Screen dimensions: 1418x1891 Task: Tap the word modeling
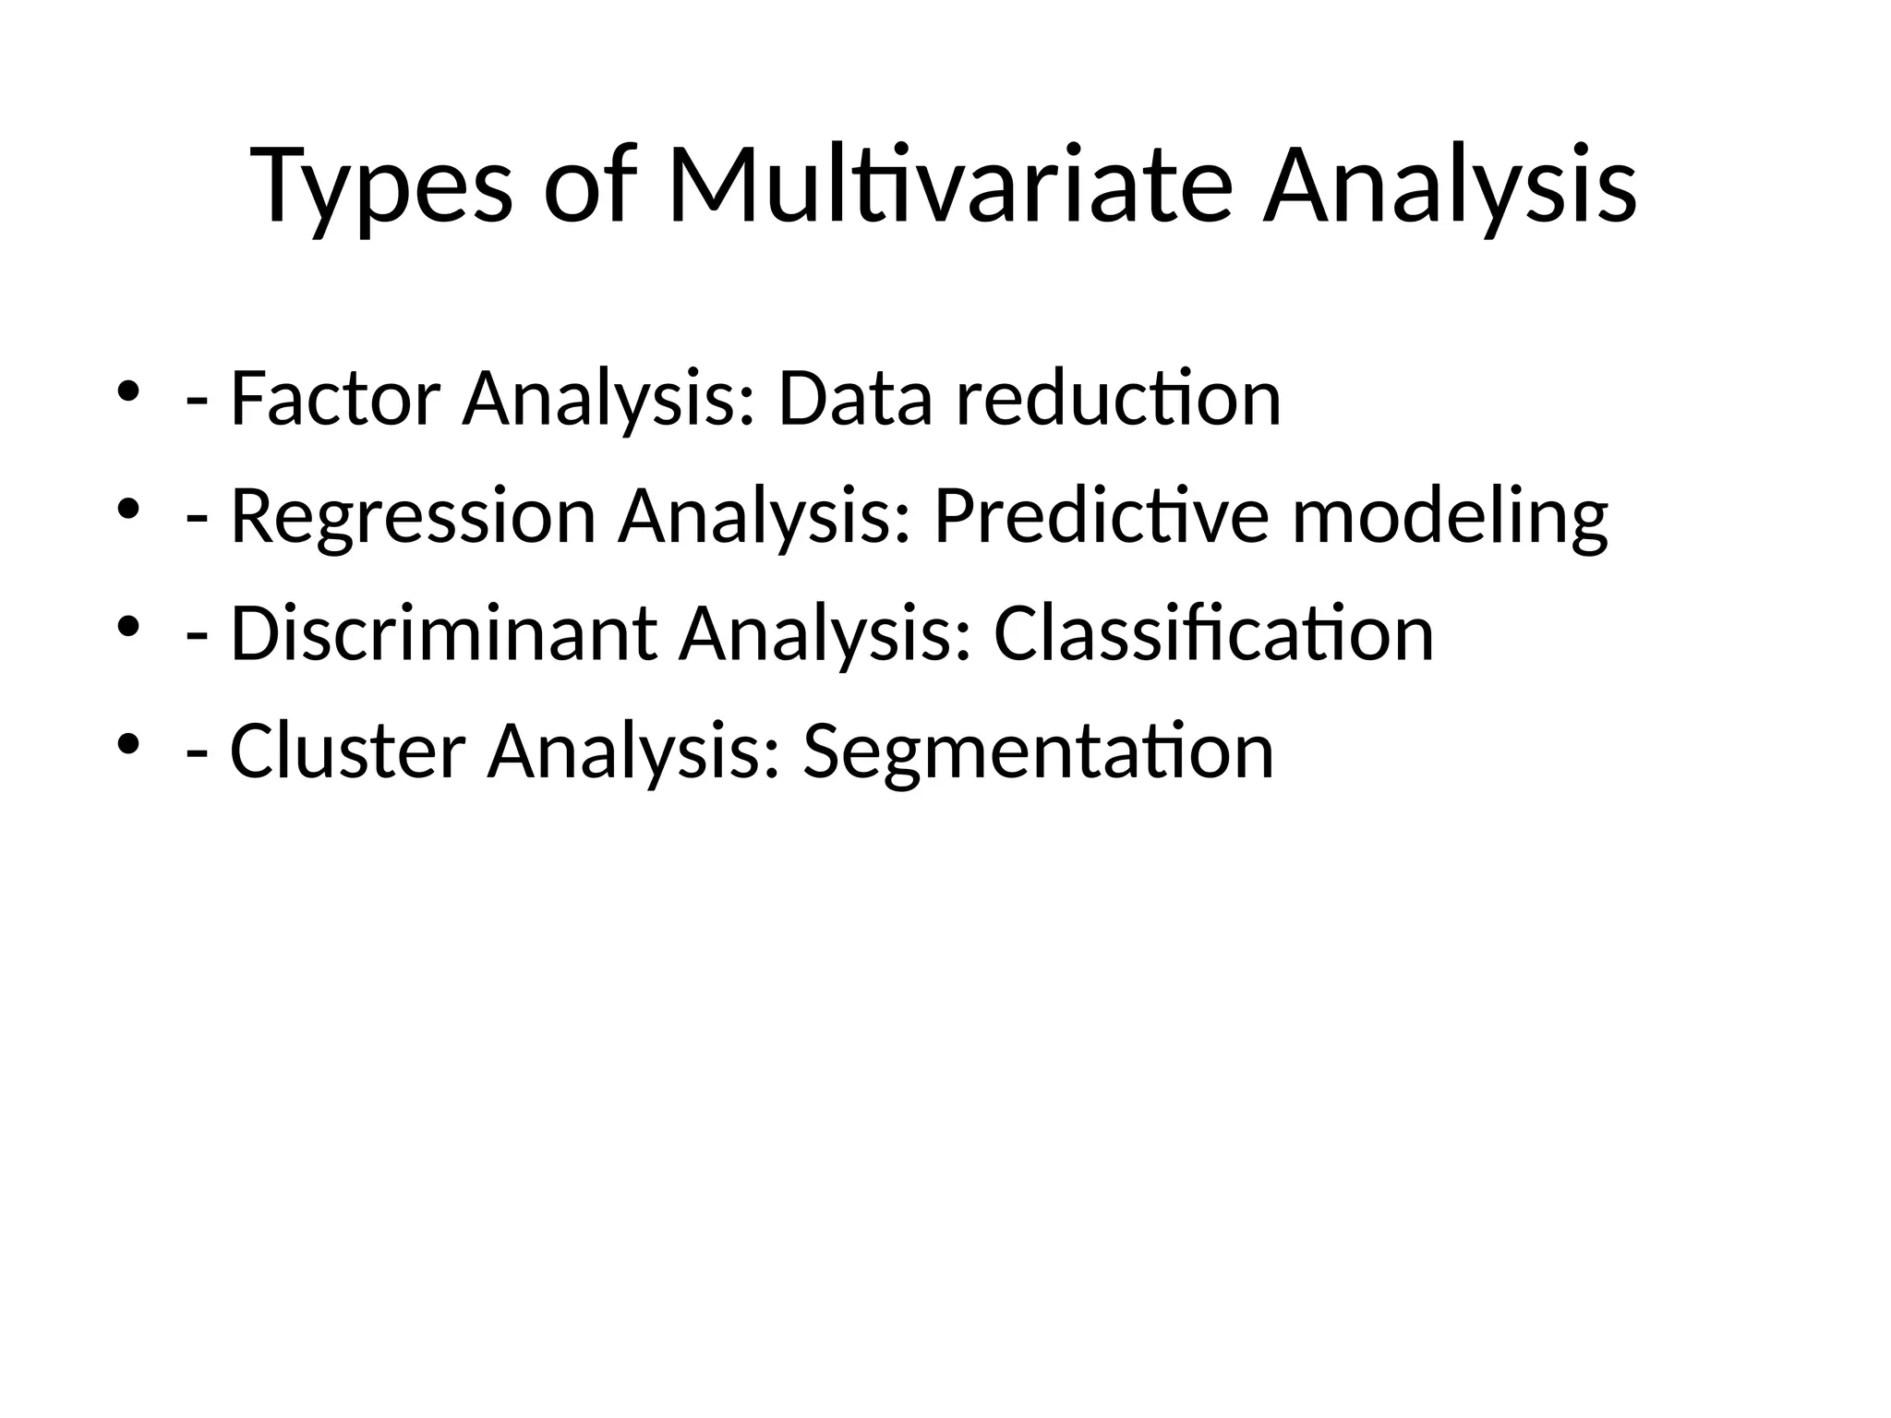(1450, 519)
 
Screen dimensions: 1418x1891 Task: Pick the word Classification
(1213, 634)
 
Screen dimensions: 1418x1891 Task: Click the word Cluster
(347, 751)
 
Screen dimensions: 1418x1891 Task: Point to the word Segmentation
(1038, 753)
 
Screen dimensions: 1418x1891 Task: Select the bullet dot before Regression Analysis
(128, 509)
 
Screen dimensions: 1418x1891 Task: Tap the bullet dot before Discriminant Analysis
(128, 627)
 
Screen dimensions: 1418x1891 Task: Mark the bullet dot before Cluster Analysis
(128, 744)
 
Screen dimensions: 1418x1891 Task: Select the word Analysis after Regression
(765, 518)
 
